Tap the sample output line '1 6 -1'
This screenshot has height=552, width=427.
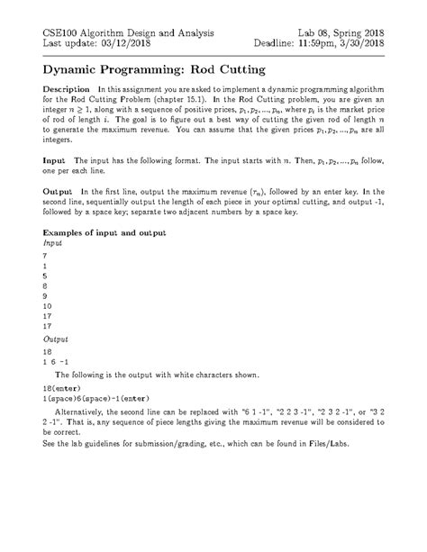pos(56,361)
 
